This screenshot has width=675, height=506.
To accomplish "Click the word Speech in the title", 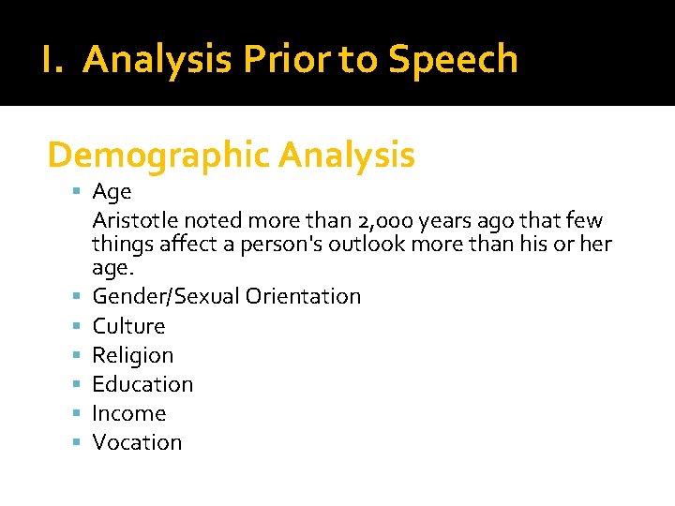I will (453, 60).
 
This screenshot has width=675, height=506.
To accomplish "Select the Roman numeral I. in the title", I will (53, 60).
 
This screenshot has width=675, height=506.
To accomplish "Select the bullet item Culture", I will (128, 326).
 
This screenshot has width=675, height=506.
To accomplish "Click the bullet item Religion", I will (132, 355).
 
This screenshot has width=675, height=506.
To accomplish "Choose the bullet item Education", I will (142, 384).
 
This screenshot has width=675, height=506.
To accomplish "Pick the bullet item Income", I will (128, 413).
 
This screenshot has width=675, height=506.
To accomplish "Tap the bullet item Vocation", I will (137, 442).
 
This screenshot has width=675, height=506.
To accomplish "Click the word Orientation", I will (303, 296).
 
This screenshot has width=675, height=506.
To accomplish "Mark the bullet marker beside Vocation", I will (77, 441).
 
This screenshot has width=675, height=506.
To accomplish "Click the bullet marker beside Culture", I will (77, 325).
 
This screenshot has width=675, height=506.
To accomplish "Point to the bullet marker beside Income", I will (77, 412).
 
